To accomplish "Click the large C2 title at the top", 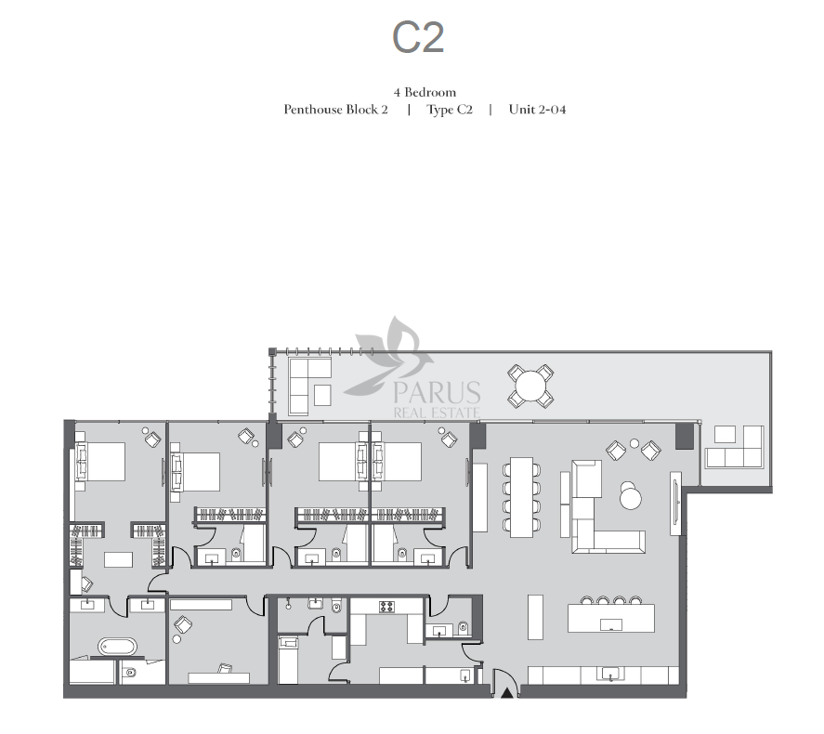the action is tap(418, 37).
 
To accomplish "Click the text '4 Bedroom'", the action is tap(425, 93).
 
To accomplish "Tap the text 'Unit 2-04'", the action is tap(537, 110).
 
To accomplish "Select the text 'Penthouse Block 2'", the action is tap(335, 110).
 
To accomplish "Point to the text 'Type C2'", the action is tap(450, 110).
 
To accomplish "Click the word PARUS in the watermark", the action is tap(437, 392).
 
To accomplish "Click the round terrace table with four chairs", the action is tap(530, 387).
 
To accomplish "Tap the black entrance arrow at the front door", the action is tap(506, 693).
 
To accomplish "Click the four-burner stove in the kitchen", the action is tap(386, 607).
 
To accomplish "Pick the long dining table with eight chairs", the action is tap(521, 497).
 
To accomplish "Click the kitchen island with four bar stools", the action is tap(611, 615).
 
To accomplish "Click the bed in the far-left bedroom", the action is tap(100, 462).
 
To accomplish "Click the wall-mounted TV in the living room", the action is tap(675, 504).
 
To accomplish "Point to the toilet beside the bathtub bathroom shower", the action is tap(130, 673).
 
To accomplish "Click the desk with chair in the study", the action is tap(219, 675).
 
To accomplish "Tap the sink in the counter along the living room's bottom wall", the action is tap(610, 675).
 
